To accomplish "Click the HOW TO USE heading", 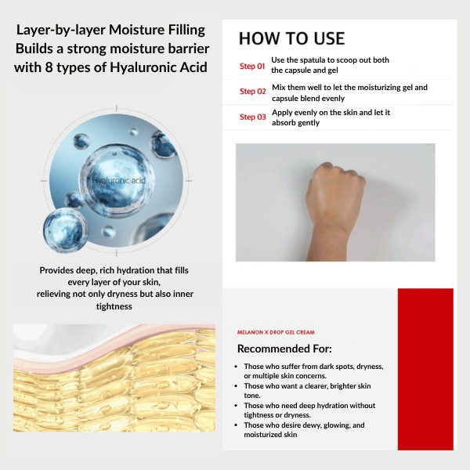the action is click(x=291, y=38).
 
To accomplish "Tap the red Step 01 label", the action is click(x=252, y=66).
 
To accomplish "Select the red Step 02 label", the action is click(x=253, y=91).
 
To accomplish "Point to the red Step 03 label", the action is click(x=253, y=117).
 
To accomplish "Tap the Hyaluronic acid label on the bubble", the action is click(x=119, y=180).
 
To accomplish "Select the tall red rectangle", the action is click(x=425, y=369).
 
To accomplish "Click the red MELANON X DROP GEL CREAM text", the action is click(x=276, y=332).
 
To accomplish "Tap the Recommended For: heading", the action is click(x=284, y=349).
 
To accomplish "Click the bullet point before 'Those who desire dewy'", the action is click(x=236, y=425).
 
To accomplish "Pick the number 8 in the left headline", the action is click(x=49, y=67).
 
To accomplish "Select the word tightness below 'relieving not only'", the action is click(x=114, y=306).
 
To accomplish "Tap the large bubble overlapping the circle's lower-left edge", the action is click(x=65, y=230).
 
